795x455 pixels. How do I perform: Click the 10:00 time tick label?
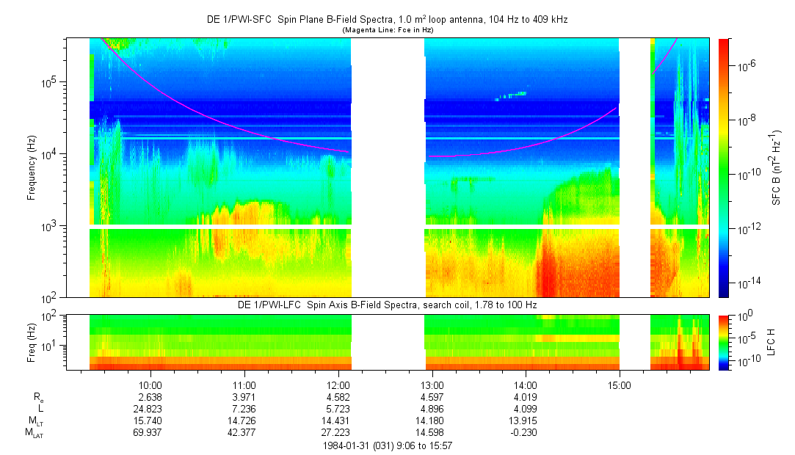click(150, 385)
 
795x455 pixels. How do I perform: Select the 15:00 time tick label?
click(619, 385)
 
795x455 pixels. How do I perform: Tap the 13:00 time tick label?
click(432, 385)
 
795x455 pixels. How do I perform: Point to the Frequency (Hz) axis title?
click(32, 168)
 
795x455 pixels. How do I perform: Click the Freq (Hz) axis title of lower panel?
click(32, 341)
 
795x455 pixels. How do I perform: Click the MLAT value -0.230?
click(525, 433)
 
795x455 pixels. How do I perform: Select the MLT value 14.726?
click(244, 421)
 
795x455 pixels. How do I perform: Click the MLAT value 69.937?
click(150, 433)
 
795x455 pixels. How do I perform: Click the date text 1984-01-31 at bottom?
click(349, 445)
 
